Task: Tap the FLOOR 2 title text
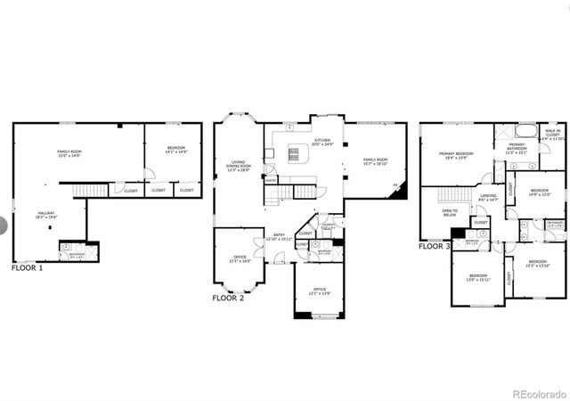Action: pos(228,298)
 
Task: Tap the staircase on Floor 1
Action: pos(89,190)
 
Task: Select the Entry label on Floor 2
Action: pos(279,236)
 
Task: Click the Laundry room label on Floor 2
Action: pos(328,226)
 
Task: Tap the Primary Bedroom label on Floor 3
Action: pos(456,155)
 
